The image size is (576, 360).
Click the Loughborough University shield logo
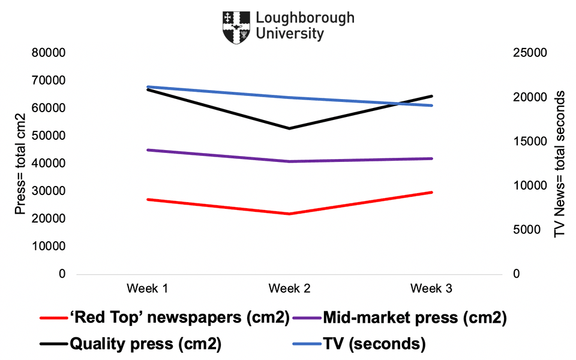coord(236,26)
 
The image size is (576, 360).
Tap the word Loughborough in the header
coord(305,17)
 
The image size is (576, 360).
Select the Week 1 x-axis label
coord(147,289)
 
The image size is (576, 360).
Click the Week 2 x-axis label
coord(289,289)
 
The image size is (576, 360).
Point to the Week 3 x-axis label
coord(431,289)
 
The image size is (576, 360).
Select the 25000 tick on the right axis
coord(529,53)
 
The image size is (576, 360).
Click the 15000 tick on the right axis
coord(529,142)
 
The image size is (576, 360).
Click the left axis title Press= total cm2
coord(21,163)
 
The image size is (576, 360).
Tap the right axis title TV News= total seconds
coord(560,163)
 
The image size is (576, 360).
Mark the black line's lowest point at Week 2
coord(289,128)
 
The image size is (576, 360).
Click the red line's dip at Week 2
coord(289,214)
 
